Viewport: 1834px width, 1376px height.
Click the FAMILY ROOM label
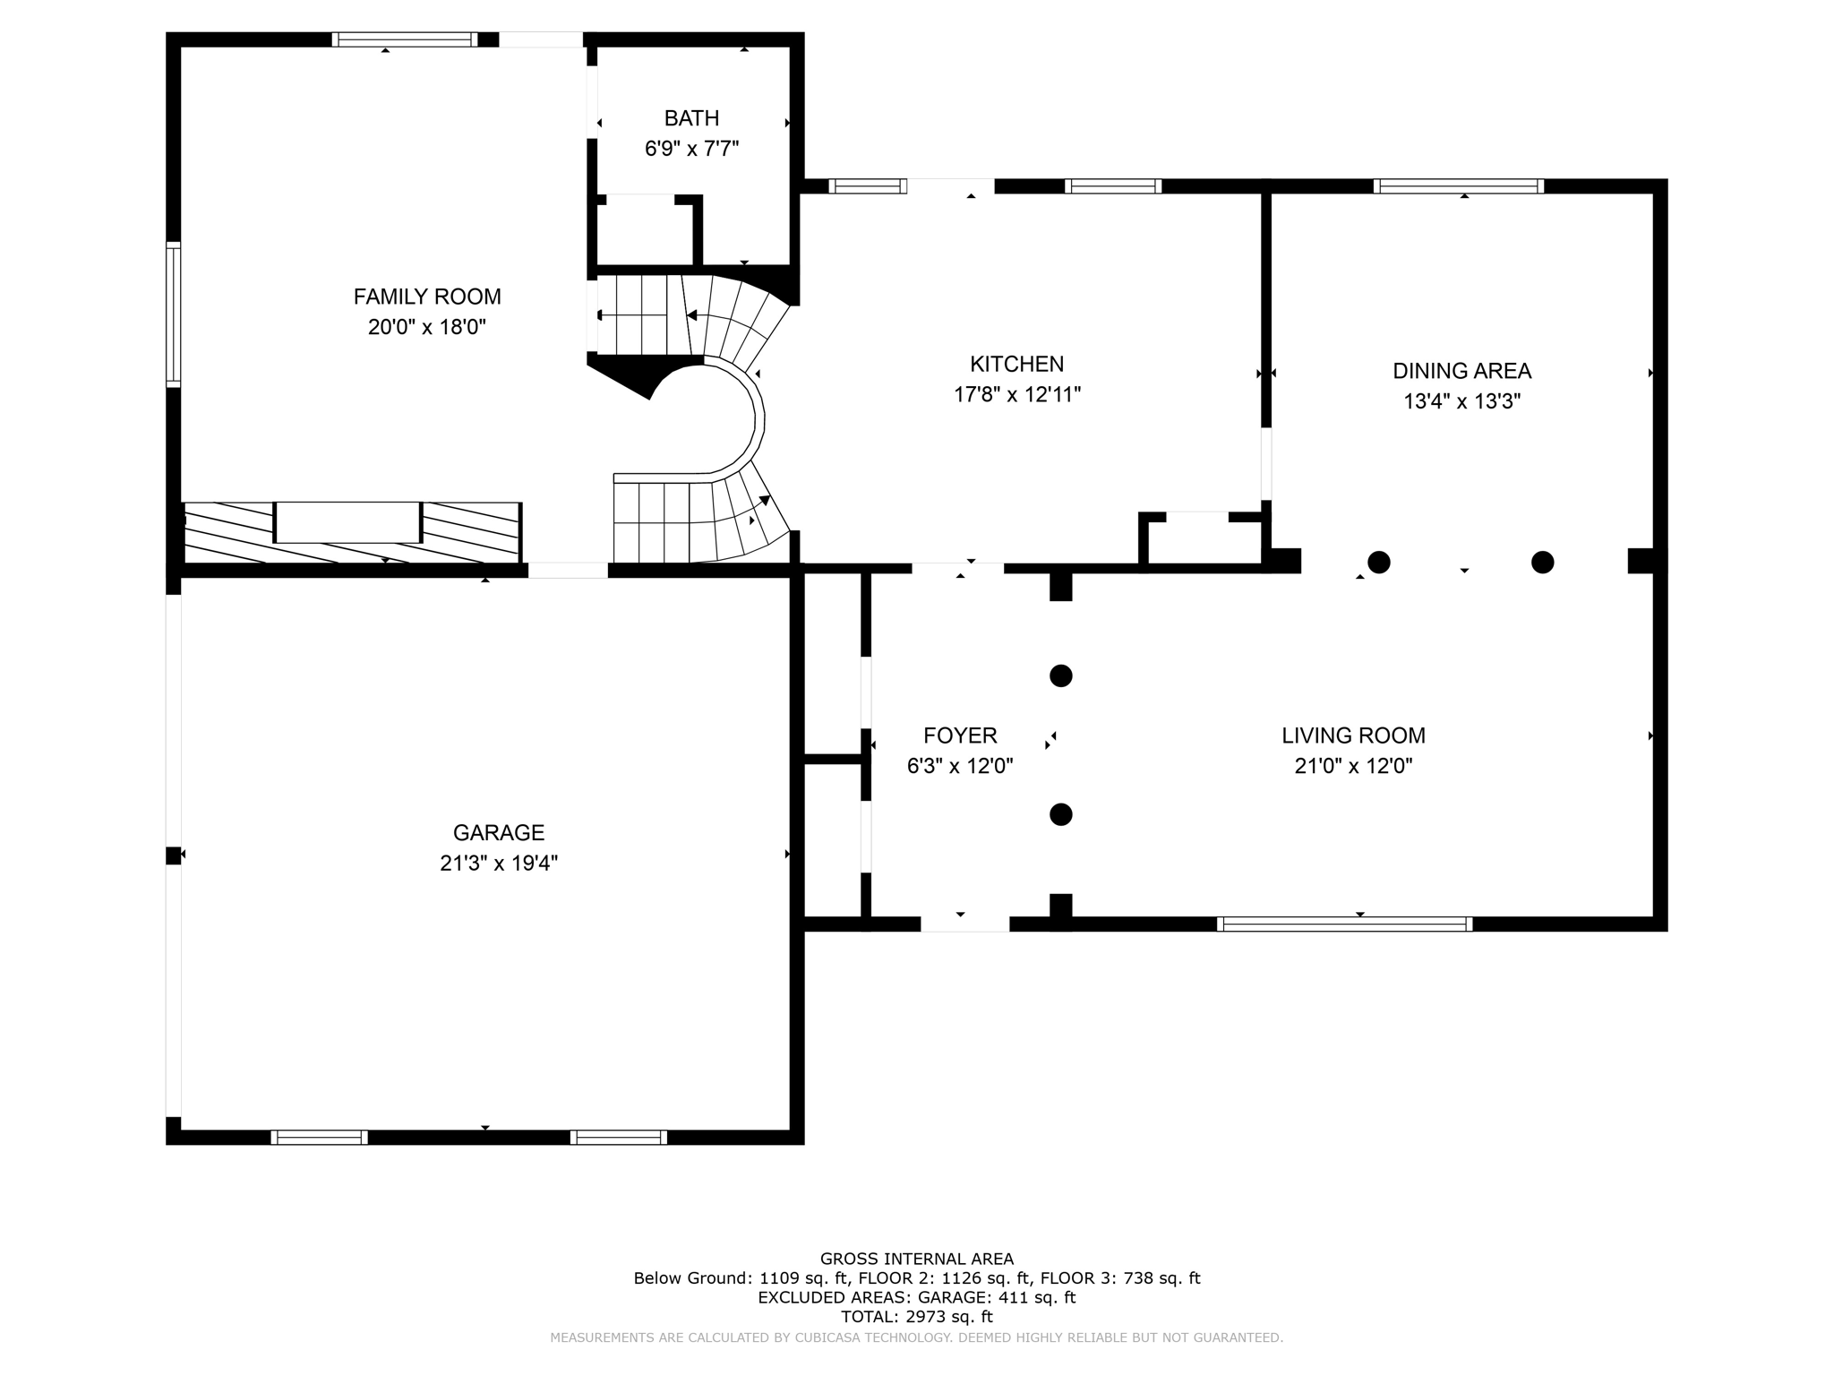(427, 297)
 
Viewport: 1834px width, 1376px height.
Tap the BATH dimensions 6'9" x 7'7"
(691, 149)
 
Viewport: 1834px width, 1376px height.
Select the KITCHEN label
(1016, 364)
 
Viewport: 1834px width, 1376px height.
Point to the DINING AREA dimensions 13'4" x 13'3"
(1461, 401)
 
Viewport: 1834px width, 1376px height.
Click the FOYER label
(960, 735)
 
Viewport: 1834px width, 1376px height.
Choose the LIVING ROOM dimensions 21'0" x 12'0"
(1353, 766)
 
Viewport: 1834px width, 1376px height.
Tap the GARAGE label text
(499, 832)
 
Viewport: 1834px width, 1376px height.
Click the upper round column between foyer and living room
(1060, 675)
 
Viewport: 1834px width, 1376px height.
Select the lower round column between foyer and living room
(1060, 814)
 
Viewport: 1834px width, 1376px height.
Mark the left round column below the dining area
(1379, 563)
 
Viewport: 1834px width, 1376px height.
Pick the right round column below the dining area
(1542, 563)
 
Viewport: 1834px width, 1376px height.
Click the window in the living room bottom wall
(1344, 924)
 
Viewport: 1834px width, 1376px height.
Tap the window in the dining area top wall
(1459, 186)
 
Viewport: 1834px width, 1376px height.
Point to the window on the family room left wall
(174, 314)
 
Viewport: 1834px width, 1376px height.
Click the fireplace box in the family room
(347, 522)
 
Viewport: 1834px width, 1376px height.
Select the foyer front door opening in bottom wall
(964, 924)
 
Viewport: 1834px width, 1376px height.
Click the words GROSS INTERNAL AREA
(916, 1259)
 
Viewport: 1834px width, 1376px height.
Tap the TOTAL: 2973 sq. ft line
(916, 1317)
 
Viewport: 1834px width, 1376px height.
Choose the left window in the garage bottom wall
(319, 1138)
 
